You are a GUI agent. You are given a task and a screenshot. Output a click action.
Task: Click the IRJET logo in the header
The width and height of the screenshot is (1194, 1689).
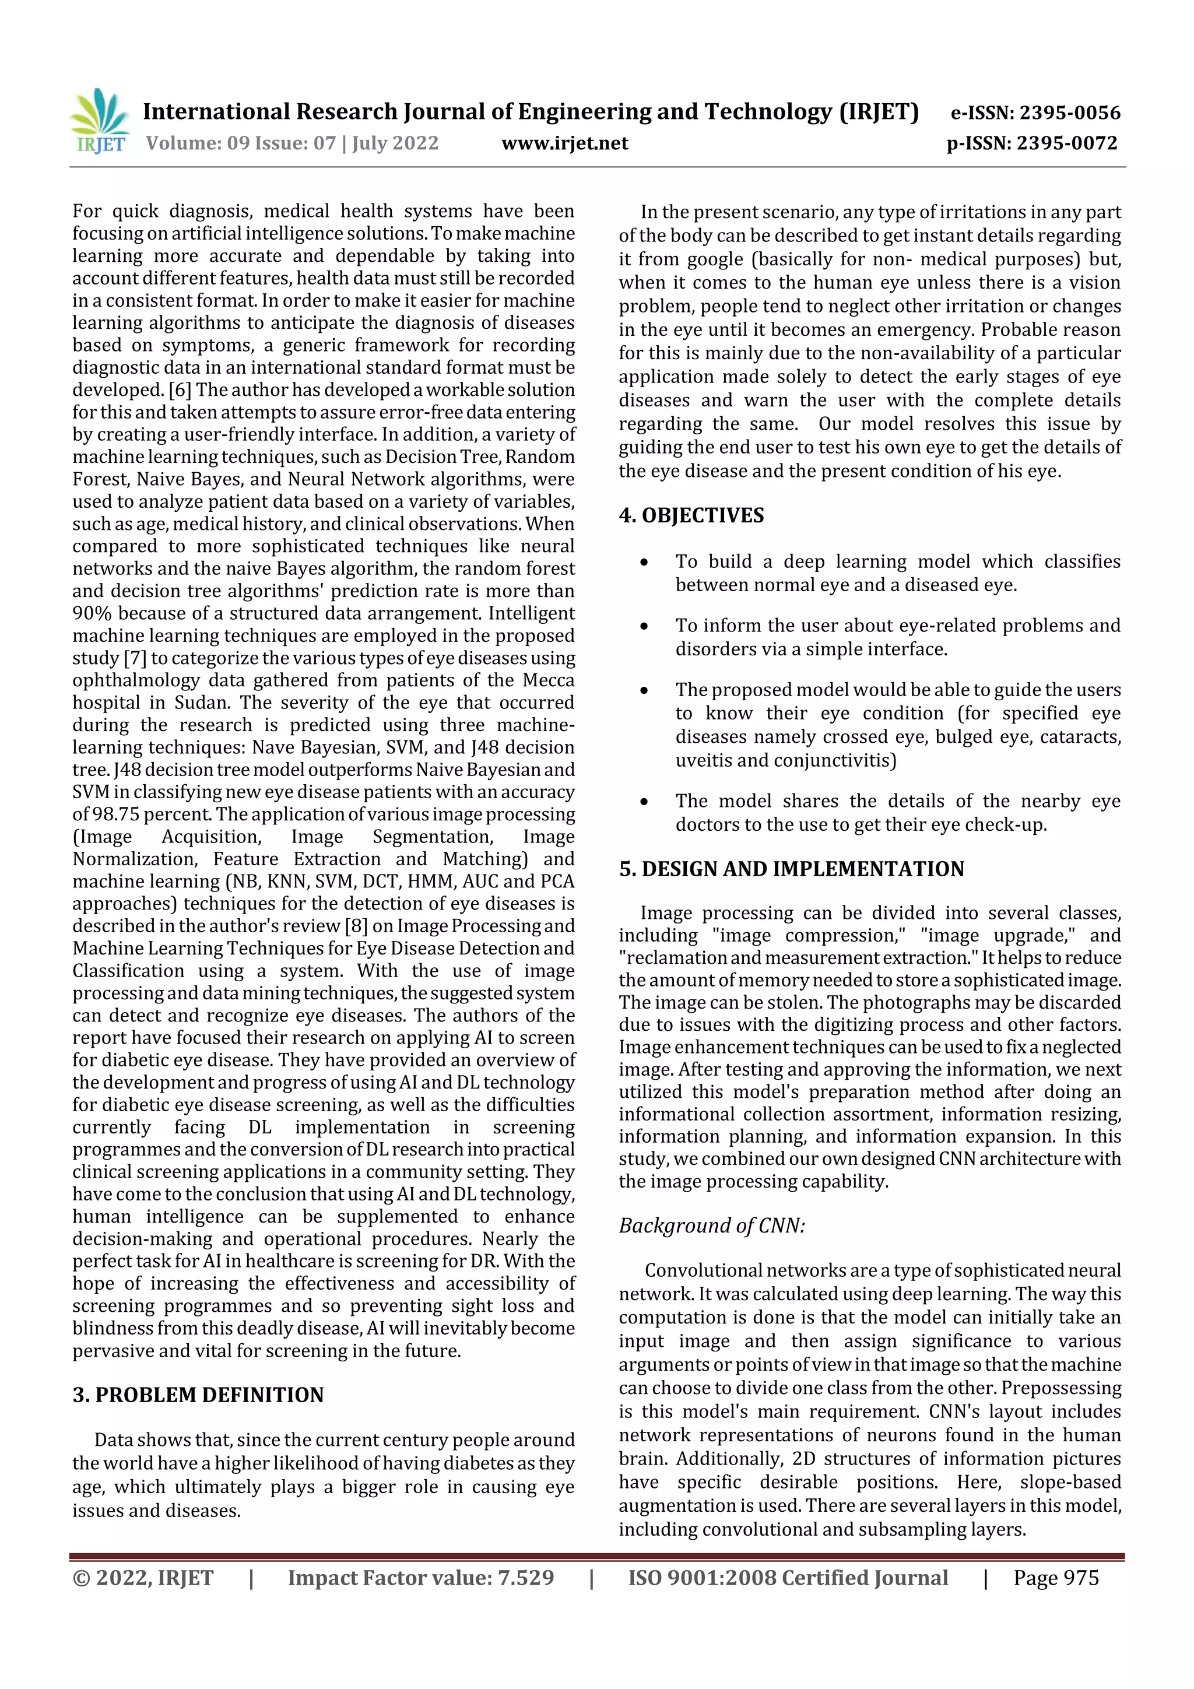[x=100, y=121]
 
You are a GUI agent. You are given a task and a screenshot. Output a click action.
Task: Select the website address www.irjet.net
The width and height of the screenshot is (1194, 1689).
[x=564, y=143]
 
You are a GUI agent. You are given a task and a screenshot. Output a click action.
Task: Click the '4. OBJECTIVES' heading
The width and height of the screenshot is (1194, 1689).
[x=691, y=515]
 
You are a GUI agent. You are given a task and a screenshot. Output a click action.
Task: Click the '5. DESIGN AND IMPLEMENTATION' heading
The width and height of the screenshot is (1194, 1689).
[x=791, y=869]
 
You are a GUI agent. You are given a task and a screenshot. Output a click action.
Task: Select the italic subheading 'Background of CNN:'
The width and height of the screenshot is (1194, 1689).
[x=711, y=1226]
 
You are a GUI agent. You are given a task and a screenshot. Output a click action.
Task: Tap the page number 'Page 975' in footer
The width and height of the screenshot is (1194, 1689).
[x=1056, y=1578]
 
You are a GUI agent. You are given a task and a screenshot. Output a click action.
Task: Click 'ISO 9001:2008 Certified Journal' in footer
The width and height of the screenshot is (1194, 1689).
[x=787, y=1578]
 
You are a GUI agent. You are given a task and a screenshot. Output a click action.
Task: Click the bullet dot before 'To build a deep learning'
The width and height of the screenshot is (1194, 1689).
[x=644, y=562]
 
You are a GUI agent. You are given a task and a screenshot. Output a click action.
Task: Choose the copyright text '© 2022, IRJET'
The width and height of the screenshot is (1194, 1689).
[x=143, y=1578]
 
